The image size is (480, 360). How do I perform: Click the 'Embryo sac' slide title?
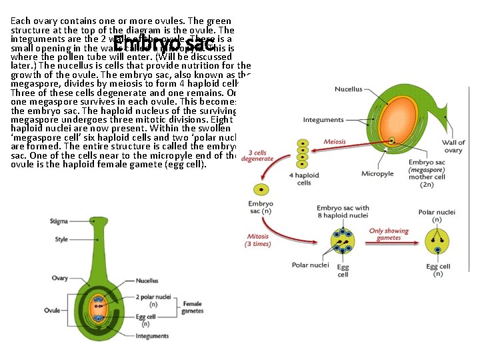[164, 45]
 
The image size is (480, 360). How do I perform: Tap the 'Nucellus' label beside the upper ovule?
[348, 89]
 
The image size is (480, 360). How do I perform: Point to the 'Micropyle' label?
[377, 174]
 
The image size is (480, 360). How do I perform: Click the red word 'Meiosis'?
[335, 141]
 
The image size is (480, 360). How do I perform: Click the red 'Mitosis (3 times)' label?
[258, 239]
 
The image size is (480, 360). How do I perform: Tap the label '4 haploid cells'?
[303, 179]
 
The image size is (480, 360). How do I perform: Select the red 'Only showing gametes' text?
[385, 235]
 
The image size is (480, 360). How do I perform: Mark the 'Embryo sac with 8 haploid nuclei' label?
[343, 212]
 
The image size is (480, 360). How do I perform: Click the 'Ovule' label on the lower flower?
[53, 311]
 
